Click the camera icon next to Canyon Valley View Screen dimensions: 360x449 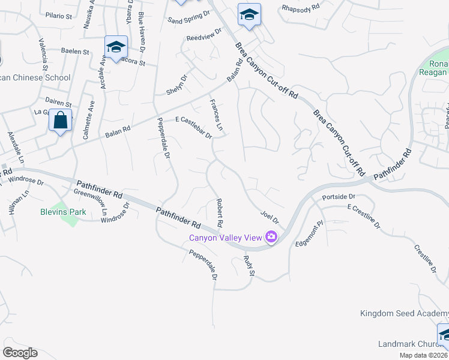tap(271, 238)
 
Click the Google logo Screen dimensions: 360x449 tap(20, 352)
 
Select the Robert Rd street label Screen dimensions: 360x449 tap(220, 213)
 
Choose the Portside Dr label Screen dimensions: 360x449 tap(339, 197)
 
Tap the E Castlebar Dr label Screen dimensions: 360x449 tap(193, 128)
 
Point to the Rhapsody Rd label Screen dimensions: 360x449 tap(303, 8)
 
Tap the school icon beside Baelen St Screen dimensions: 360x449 tap(115, 46)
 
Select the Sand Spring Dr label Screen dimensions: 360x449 tap(189, 16)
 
